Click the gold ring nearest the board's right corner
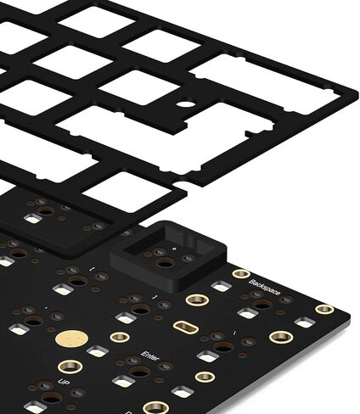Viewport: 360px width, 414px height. click(323, 309)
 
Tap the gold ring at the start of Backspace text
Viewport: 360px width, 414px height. click(241, 275)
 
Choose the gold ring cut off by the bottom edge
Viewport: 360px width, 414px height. click(155, 409)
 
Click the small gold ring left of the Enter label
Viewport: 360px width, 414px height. click(120, 337)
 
